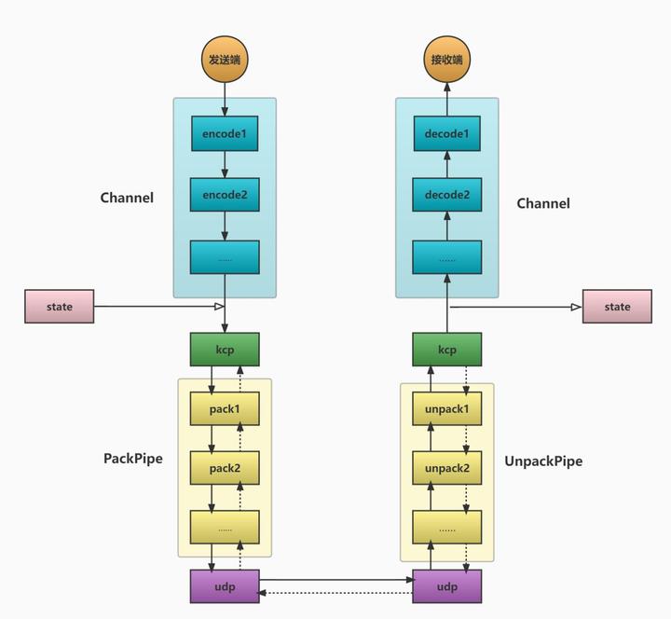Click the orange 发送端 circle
pyautogui.click(x=225, y=61)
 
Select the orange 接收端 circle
pyautogui.click(x=447, y=61)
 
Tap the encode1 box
pyautogui.click(x=225, y=133)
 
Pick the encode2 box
pyautogui.click(x=225, y=195)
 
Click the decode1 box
pyautogui.click(x=447, y=133)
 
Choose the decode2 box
pyautogui.click(x=447, y=195)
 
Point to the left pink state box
pyautogui.click(x=59, y=306)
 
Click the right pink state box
pyautogui.click(x=617, y=307)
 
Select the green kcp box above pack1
pyautogui.click(x=225, y=350)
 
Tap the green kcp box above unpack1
pyautogui.click(x=447, y=350)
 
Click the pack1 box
pyautogui.click(x=225, y=408)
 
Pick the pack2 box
pyautogui.click(x=225, y=467)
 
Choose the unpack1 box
pyautogui.click(x=447, y=408)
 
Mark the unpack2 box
pyautogui.click(x=447, y=467)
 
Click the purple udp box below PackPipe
pyautogui.click(x=225, y=586)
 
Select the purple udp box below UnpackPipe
pyautogui.click(x=447, y=586)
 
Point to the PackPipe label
pyautogui.click(x=132, y=459)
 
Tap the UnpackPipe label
pyautogui.click(x=543, y=461)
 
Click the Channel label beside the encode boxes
pyautogui.click(x=127, y=198)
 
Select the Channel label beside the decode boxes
pyautogui.click(x=543, y=203)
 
